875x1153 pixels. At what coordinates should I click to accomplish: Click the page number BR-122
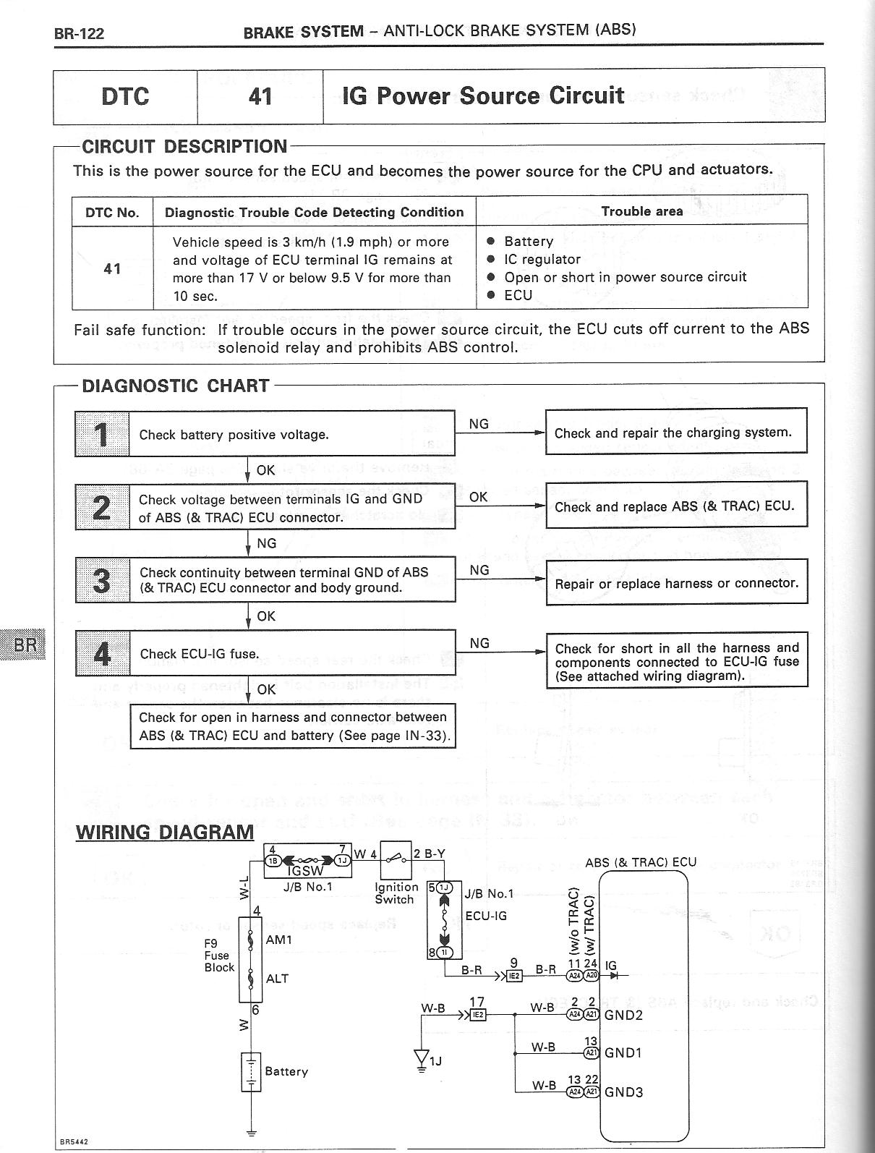point(79,34)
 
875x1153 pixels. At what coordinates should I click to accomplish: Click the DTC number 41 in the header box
point(260,96)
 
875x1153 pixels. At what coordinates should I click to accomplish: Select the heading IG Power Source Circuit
point(483,96)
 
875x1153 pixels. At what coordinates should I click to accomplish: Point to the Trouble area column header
point(641,211)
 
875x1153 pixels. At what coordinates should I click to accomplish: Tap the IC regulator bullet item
point(542,259)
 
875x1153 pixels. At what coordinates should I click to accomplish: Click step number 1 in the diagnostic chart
point(102,434)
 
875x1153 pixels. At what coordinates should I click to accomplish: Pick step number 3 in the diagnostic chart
point(102,580)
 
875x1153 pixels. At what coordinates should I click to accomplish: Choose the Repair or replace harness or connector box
point(676,582)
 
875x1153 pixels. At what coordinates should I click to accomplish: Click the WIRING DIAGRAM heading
point(165,832)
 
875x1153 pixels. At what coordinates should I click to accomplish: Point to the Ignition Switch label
point(395,893)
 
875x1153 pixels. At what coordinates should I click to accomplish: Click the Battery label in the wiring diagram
point(286,1071)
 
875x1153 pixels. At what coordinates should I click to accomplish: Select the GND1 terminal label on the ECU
point(623,1052)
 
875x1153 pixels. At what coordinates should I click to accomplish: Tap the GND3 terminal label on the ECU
point(623,1092)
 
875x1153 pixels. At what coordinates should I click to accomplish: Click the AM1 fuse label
point(278,940)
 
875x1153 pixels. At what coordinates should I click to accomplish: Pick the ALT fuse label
point(277,979)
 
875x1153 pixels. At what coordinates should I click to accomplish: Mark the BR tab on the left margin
point(25,643)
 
